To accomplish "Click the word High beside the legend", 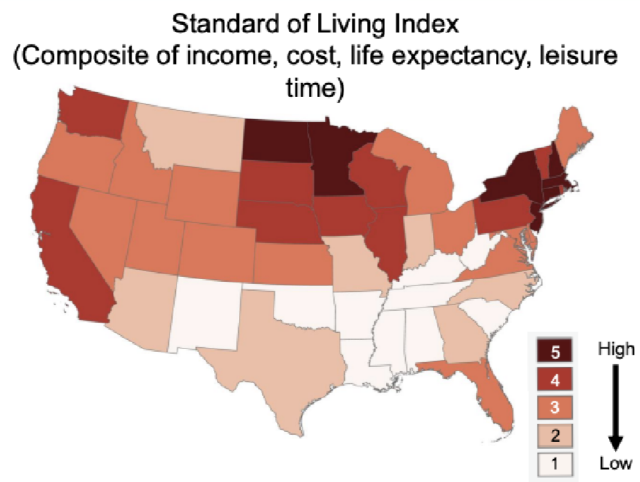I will [614, 348].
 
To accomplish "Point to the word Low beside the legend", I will [614, 463].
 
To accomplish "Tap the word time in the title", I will [319, 90].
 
